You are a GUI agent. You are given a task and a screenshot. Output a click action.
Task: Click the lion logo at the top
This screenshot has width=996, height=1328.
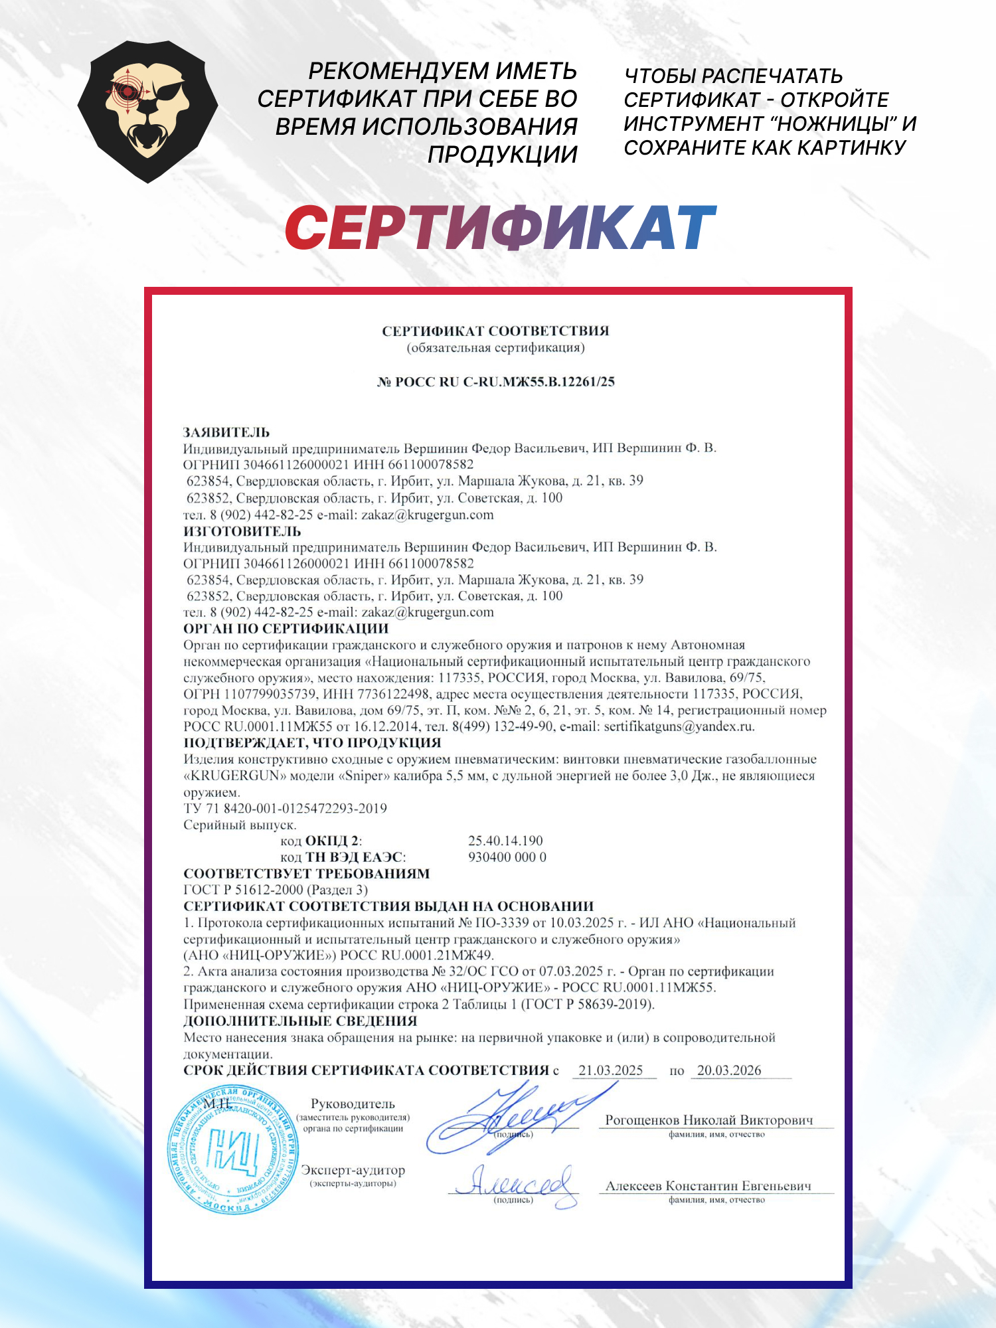[x=147, y=112]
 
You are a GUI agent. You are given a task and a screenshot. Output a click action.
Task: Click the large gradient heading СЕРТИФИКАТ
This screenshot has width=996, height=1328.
[x=500, y=228]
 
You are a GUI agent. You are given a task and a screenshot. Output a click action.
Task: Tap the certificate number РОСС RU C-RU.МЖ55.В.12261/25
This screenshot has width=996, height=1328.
[x=496, y=382]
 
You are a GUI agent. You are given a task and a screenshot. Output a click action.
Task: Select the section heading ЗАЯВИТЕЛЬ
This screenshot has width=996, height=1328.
[x=226, y=432]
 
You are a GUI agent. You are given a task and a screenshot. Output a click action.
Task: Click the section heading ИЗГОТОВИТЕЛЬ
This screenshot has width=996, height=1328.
[x=242, y=531]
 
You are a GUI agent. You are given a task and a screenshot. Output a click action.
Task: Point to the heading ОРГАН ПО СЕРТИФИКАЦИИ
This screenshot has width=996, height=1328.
[x=286, y=628]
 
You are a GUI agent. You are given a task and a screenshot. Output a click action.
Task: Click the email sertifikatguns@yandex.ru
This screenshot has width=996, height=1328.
[x=678, y=726]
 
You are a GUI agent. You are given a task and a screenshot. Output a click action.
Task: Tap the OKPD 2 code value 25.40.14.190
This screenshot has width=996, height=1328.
[x=505, y=841]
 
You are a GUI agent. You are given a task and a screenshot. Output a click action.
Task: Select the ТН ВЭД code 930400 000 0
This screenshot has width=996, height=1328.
[x=507, y=857]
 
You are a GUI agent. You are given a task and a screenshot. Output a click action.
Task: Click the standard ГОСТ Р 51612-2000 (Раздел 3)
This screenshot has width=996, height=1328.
[x=275, y=890]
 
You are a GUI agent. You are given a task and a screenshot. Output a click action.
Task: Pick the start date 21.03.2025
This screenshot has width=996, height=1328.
[x=611, y=1070]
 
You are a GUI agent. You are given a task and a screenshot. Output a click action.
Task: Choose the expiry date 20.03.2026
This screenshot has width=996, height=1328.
[x=729, y=1070]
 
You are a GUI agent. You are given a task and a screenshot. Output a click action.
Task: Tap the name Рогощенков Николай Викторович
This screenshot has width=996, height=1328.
[x=708, y=1120]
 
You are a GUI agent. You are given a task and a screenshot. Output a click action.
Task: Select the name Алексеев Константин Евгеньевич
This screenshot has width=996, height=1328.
[x=708, y=1186]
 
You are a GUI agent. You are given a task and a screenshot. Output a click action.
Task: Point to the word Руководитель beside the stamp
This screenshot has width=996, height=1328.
[x=353, y=1104]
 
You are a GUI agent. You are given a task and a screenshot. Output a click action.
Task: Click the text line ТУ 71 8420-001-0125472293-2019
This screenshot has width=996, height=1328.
[x=285, y=808]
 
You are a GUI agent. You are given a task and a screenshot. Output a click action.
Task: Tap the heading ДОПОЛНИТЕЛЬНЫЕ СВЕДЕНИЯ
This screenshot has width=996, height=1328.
[x=300, y=1021]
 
